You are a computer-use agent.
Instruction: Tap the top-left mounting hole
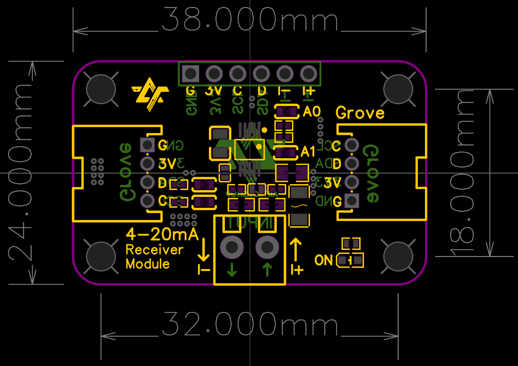click(101, 89)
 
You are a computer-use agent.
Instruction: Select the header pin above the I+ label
click(309, 73)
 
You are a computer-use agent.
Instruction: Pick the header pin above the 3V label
click(214, 73)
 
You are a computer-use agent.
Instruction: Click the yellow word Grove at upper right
click(360, 113)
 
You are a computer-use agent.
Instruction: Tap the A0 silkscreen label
click(312, 112)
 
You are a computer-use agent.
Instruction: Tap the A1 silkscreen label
click(308, 152)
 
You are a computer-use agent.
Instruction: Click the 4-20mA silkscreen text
click(162, 234)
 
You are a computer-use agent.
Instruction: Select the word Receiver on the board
click(154, 250)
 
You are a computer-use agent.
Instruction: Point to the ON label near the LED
click(324, 260)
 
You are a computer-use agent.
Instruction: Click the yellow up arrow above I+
click(296, 249)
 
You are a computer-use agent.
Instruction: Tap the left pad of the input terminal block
click(232, 248)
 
